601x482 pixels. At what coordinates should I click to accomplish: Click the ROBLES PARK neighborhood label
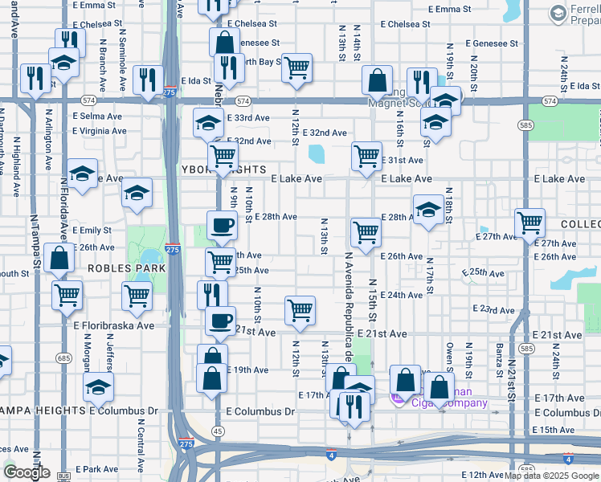tap(120, 268)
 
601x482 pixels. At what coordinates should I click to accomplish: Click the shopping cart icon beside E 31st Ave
tap(366, 155)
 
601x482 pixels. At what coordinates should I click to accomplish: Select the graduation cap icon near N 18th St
tap(428, 209)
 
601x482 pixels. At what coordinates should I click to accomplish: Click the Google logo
tap(27, 472)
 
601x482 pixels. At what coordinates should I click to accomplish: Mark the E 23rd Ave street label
tap(493, 309)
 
